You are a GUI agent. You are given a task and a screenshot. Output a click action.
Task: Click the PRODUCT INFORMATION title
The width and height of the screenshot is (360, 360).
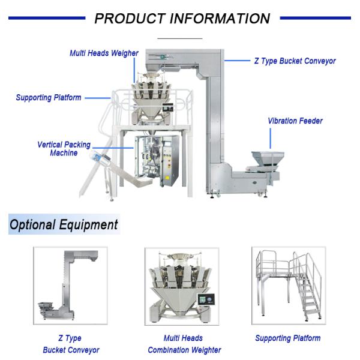182,19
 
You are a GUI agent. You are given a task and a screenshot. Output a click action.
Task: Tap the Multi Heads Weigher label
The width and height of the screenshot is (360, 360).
104,53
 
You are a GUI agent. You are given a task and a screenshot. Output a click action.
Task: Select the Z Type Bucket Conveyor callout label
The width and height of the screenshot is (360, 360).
295,61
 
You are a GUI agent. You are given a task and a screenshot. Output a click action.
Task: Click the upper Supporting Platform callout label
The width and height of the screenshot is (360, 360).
49,97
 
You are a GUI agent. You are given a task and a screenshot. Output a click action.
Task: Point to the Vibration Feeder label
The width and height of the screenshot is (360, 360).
295,121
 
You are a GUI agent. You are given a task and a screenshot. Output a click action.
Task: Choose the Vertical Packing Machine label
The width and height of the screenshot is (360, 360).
64,149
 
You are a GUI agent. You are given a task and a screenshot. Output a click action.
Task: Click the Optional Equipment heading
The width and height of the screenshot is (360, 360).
64,225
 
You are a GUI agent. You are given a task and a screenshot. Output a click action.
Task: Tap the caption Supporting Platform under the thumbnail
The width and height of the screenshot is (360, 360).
287,338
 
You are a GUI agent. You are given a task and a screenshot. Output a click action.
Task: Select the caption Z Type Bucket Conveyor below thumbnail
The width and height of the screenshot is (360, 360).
71,344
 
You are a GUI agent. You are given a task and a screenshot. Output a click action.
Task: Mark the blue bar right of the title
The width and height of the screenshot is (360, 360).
315,18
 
